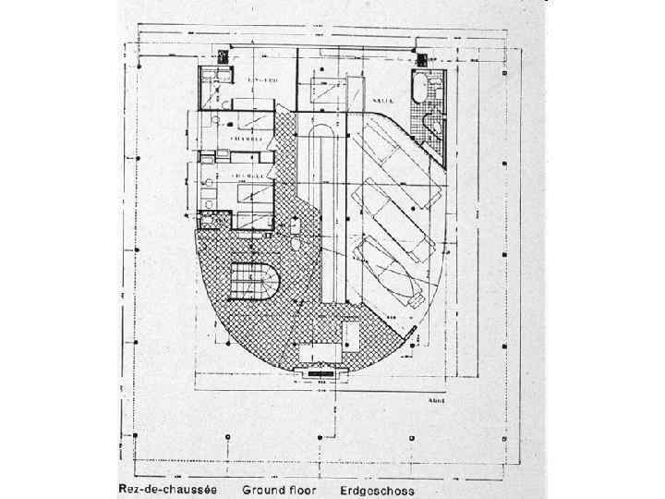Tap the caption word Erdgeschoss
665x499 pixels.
[x=377, y=491]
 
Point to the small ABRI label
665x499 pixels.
[x=439, y=399]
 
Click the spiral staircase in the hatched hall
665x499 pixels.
[x=254, y=278]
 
